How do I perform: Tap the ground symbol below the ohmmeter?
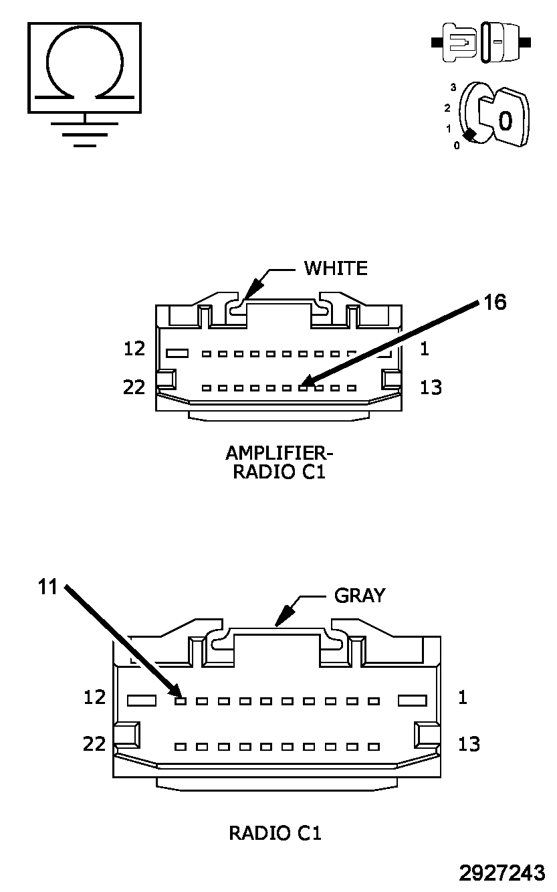[85, 130]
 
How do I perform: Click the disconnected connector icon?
[481, 42]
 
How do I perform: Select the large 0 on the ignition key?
[506, 120]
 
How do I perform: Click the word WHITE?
[336, 268]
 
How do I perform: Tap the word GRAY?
[360, 596]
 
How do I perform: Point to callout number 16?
[495, 302]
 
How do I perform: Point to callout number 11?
[47, 587]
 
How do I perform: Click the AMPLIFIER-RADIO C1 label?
[280, 462]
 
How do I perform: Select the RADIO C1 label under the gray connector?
[275, 832]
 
